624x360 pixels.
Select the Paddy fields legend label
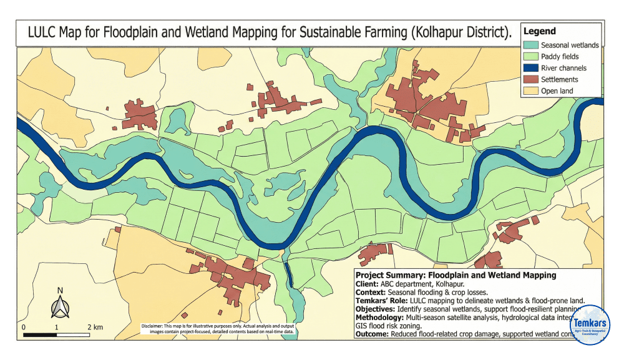pos(560,57)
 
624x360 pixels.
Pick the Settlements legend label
pos(559,80)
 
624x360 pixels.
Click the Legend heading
pos(539,31)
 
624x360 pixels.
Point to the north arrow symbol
pos(60,307)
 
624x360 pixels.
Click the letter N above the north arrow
pos(60,290)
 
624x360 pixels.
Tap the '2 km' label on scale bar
pos(94,327)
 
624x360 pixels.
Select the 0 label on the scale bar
pos(24,327)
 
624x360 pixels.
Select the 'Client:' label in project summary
pos(368,283)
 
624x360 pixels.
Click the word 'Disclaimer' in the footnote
pos(154,326)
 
